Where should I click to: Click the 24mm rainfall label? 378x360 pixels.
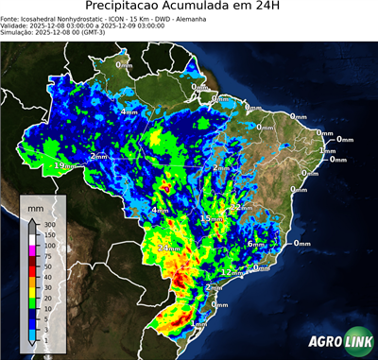pyautogui.click(x=167, y=249)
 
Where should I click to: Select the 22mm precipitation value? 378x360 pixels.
pyautogui.click(x=242, y=207)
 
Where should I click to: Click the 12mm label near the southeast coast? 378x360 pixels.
pyautogui.click(x=232, y=272)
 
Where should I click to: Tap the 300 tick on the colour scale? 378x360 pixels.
pyautogui.click(x=48, y=225)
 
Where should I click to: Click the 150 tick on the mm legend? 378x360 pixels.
pyautogui.click(x=48, y=234)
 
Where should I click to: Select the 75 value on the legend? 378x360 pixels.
pyautogui.click(x=48, y=255)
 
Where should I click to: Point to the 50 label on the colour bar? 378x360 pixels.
pyautogui.click(x=48, y=266)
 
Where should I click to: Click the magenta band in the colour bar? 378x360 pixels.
pyautogui.click(x=32, y=250)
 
